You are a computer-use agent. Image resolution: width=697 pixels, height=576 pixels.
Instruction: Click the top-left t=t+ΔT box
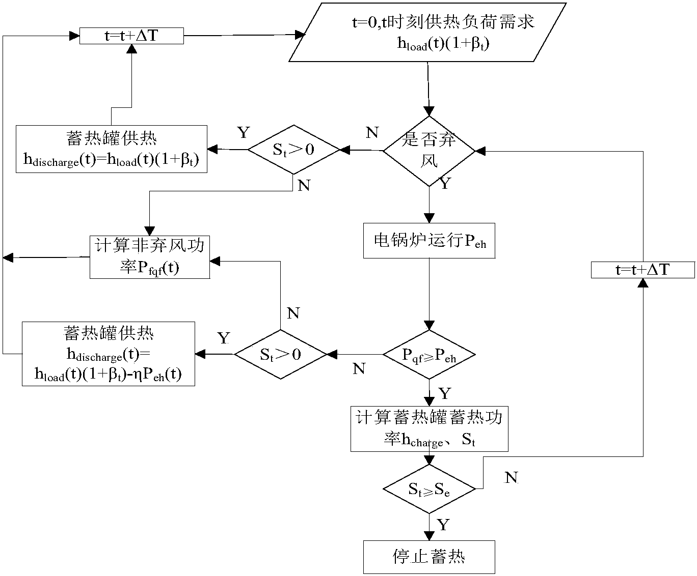tap(131, 36)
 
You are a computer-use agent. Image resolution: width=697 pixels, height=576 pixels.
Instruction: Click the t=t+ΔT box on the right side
tap(642, 270)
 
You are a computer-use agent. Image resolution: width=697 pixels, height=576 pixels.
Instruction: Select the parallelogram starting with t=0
tap(428, 33)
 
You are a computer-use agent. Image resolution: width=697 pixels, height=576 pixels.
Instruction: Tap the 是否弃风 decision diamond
tap(429, 151)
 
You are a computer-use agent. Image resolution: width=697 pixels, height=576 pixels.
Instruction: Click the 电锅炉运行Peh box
tap(429, 240)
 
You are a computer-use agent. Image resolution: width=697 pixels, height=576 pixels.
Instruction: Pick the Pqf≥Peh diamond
tap(429, 355)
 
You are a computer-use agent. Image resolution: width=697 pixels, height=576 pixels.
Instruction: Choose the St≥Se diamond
tap(429, 489)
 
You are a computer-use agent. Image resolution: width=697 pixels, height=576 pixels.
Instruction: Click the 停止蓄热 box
tap(429, 556)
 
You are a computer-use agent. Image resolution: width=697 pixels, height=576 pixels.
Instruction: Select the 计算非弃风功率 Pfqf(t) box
tap(150, 257)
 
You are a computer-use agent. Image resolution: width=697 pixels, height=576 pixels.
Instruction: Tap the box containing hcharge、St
tap(429, 428)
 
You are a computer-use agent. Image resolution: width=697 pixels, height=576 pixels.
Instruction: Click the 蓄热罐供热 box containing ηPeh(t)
tap(108, 354)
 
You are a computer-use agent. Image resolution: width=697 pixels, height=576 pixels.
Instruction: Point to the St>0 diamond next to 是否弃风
tap(293, 150)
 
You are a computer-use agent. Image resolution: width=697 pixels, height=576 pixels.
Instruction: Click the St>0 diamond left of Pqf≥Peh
tap(280, 355)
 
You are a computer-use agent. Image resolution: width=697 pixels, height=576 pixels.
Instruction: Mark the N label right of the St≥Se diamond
tap(511, 477)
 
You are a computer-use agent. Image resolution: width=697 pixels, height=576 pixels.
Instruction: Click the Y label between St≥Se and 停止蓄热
tap(443, 525)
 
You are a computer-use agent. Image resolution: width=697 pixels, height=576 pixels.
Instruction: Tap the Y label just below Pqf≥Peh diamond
tap(444, 393)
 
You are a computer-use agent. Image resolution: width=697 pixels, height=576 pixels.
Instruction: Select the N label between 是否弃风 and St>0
tap(372, 133)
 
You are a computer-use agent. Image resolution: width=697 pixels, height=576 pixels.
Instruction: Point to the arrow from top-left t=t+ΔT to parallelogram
tap(239, 36)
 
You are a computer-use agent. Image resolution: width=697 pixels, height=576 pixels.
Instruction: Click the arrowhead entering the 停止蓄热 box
tap(429, 536)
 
